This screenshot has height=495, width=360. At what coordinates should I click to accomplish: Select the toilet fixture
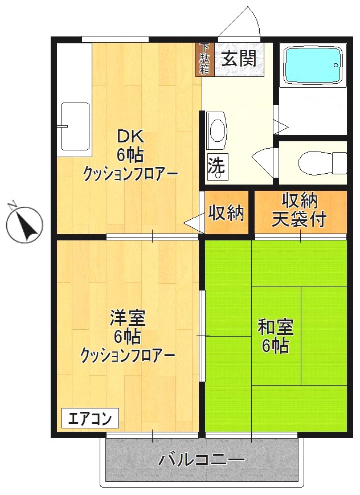(x=322, y=162)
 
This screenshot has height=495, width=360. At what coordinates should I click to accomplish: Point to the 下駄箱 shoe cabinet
(x=203, y=59)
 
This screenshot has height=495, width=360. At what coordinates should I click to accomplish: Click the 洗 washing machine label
(x=216, y=166)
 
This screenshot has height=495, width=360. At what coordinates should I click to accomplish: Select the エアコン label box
(x=90, y=418)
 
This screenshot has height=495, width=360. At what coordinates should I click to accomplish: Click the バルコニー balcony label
(x=202, y=459)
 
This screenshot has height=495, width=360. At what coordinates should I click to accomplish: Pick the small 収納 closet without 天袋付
(x=226, y=213)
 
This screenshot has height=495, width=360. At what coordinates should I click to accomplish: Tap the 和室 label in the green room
(x=276, y=327)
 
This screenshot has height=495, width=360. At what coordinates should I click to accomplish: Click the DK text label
(x=130, y=137)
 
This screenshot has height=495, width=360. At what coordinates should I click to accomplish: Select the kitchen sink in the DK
(x=75, y=126)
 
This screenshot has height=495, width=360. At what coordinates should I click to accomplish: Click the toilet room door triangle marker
(x=266, y=157)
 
